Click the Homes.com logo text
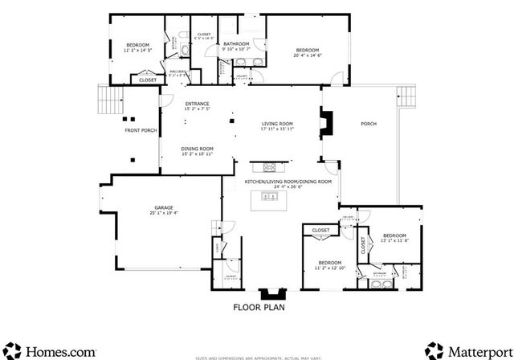click(61, 351)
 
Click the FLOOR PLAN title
click(259, 307)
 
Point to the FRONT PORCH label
click(140, 130)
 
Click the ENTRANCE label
click(197, 104)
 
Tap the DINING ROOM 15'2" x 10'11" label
click(197, 149)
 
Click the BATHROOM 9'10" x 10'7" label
click(236, 46)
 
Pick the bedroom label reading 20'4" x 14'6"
click(308, 52)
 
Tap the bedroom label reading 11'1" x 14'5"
click(137, 47)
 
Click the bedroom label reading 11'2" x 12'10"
click(330, 264)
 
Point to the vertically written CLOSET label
click(363, 246)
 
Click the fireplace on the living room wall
click(324, 124)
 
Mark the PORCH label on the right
click(369, 124)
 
